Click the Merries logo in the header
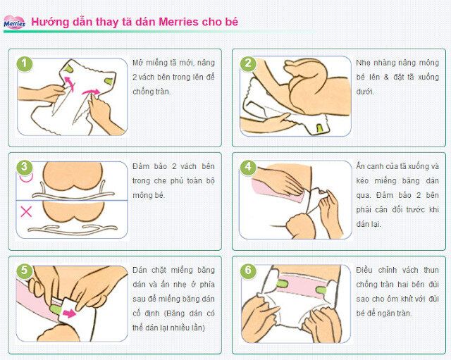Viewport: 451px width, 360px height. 14,23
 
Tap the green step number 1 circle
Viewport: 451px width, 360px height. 25,63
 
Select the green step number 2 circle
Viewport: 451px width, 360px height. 248,63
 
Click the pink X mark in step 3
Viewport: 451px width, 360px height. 26,212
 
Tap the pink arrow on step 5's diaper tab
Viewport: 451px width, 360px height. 70,314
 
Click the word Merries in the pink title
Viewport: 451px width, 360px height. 178,22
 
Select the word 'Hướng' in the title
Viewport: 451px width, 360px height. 50,22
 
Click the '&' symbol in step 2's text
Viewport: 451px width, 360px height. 386,77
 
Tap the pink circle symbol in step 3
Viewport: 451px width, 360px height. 26,178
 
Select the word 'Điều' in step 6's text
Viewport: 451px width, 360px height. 364,270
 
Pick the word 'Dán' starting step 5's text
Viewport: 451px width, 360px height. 140,270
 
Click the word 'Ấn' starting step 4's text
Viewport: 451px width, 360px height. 360,166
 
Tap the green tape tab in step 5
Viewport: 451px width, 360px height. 55,309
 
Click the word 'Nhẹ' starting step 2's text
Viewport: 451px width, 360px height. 363,63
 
